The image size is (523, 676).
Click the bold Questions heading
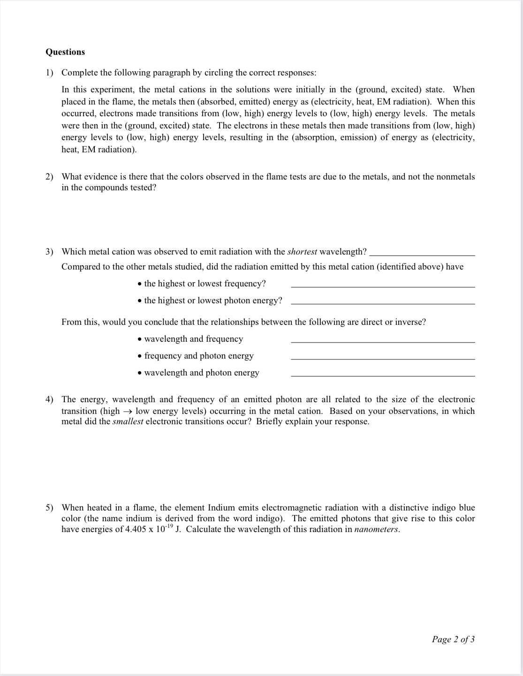(x=65, y=52)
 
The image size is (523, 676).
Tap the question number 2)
(x=49, y=177)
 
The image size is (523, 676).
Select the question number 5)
(x=49, y=508)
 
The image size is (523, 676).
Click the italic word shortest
(x=302, y=252)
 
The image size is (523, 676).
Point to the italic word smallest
(x=128, y=421)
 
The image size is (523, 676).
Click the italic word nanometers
(x=377, y=529)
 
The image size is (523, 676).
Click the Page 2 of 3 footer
(x=453, y=639)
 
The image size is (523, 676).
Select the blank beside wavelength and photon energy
(x=383, y=376)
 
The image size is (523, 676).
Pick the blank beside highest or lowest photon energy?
(x=383, y=303)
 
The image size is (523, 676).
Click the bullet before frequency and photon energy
(x=140, y=356)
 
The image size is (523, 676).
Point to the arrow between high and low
(x=127, y=411)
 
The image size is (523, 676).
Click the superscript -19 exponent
(x=169, y=526)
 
